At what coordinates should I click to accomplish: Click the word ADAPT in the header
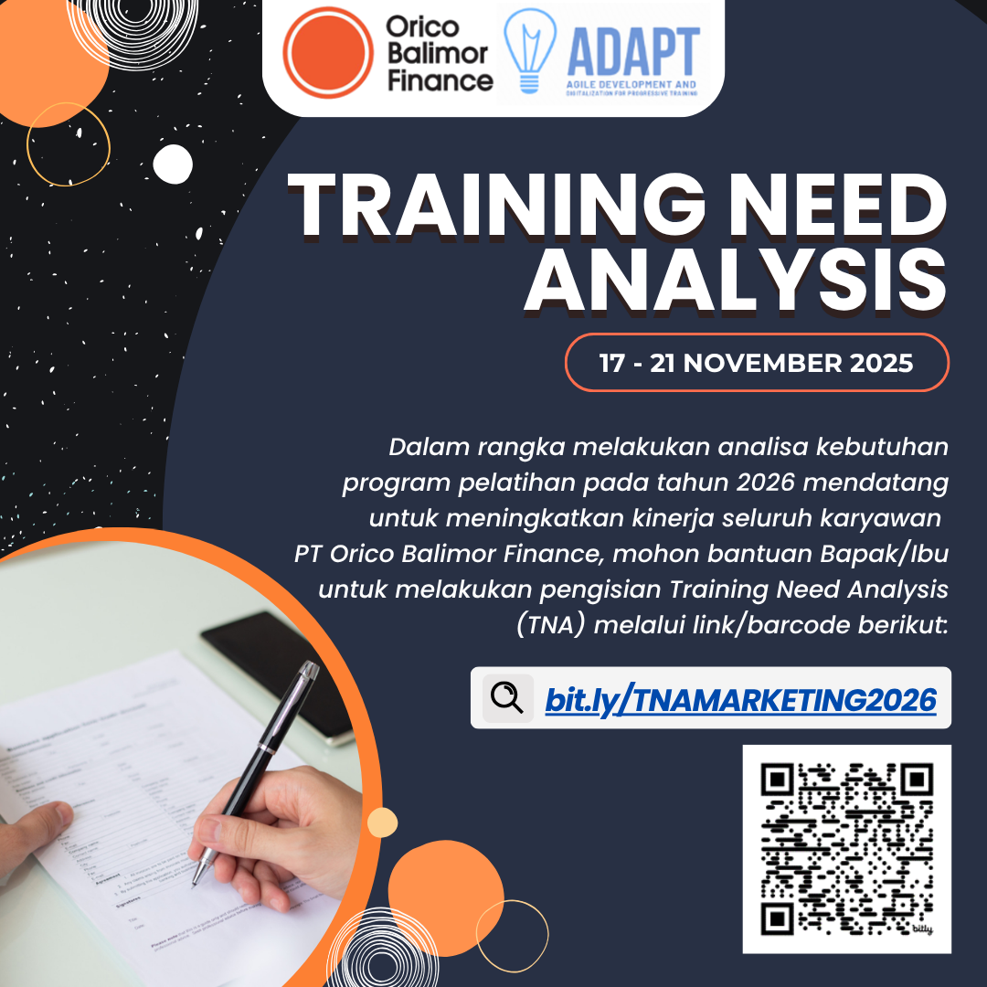click(x=632, y=51)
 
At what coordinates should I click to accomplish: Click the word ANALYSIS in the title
click(x=735, y=278)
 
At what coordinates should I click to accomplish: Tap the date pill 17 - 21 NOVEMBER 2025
click(x=757, y=363)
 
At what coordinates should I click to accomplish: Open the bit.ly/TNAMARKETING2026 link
click(x=740, y=700)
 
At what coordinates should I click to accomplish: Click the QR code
click(x=846, y=847)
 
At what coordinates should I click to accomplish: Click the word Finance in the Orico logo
click(x=440, y=80)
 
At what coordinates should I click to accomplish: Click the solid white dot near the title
click(x=173, y=164)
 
